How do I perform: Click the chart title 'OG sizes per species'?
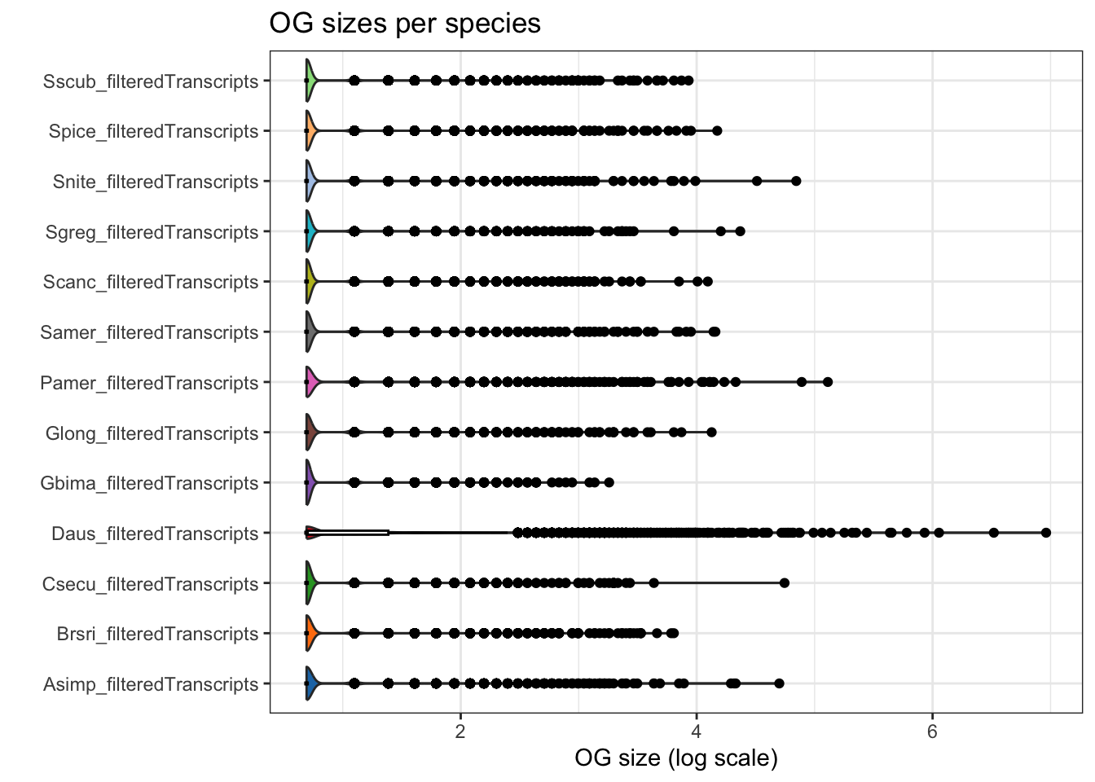[405, 24]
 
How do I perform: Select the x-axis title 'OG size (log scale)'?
[675, 758]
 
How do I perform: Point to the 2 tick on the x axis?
[460, 731]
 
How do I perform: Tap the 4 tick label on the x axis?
[696, 731]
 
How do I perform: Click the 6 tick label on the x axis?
[932, 731]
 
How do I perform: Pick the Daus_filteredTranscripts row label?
[155, 534]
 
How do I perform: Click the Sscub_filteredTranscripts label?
[151, 81]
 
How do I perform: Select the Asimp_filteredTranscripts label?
[151, 684]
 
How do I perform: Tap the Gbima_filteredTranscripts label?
[149, 483]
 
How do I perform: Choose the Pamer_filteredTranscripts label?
[149, 383]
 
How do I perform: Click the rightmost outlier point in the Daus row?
[1046, 533]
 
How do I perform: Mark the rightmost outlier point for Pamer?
[828, 382]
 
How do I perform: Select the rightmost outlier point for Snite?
[796, 181]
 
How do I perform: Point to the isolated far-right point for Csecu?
[785, 583]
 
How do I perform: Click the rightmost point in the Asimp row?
[779, 683]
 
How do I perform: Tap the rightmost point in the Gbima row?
[609, 483]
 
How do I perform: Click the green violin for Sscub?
[310, 81]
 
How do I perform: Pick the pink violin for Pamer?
[311, 382]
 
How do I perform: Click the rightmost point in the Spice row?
[717, 131]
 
